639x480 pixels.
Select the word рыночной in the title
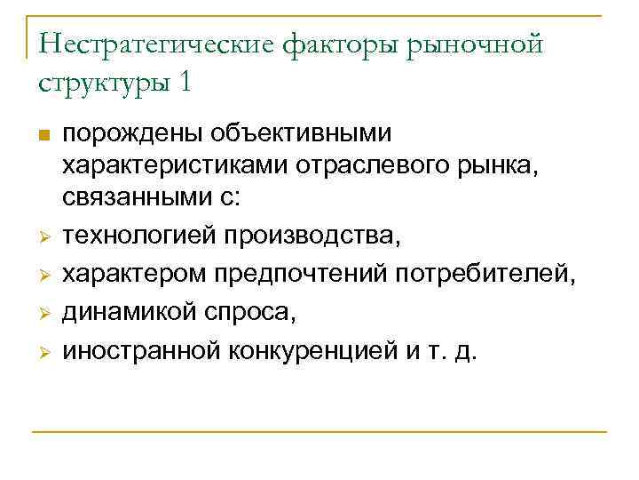[x=474, y=45]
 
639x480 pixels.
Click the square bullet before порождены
[x=44, y=135]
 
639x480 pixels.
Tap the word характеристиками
[x=177, y=165]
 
